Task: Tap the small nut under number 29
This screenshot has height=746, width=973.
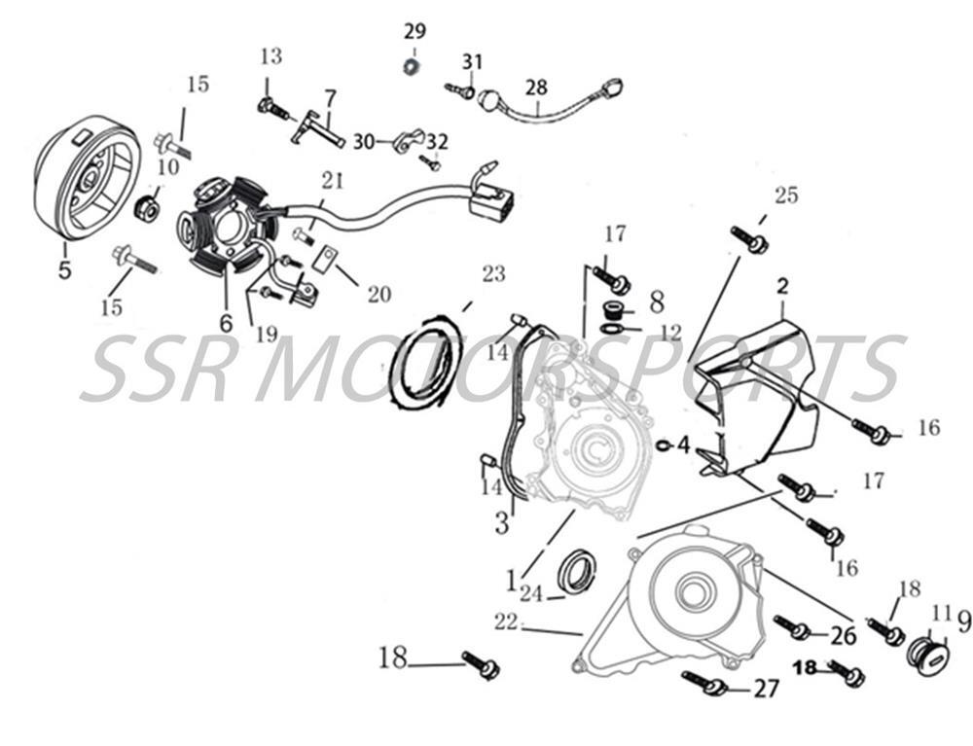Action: [x=412, y=65]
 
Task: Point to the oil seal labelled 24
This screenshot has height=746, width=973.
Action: [x=577, y=571]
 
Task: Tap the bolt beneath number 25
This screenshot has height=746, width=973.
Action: [x=749, y=238]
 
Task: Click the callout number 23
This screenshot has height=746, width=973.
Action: [x=494, y=274]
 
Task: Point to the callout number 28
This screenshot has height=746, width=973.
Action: [x=537, y=88]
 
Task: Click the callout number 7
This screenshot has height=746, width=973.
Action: [x=330, y=98]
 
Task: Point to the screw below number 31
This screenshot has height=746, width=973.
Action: [x=459, y=90]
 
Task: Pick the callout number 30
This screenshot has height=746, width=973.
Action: [x=363, y=142]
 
